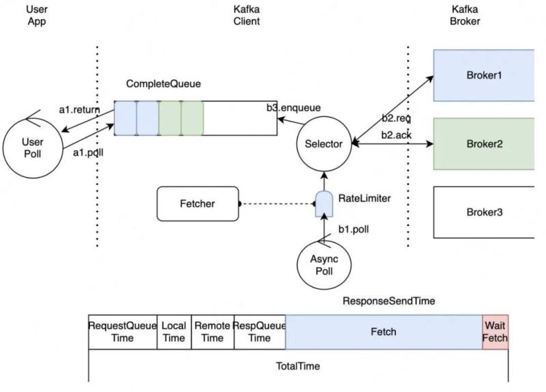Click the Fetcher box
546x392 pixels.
[x=198, y=204]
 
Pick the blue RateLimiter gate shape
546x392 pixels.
[x=324, y=204]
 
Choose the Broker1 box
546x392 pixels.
[x=484, y=75]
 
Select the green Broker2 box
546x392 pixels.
[x=484, y=144]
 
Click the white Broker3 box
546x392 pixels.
[x=484, y=212]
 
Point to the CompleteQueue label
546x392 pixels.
[x=163, y=83]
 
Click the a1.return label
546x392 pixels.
[x=79, y=110]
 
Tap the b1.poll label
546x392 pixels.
[x=354, y=229]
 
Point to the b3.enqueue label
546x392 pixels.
[x=293, y=108]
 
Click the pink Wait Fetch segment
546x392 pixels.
[x=495, y=332]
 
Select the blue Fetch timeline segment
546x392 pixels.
[x=384, y=332]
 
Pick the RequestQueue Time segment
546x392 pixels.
[x=123, y=332]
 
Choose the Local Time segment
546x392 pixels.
[x=174, y=332]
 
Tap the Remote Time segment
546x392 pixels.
[x=213, y=332]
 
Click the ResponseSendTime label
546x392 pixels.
[x=389, y=301]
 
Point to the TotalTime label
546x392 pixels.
[x=298, y=366]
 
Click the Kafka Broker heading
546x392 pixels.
[x=465, y=15]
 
